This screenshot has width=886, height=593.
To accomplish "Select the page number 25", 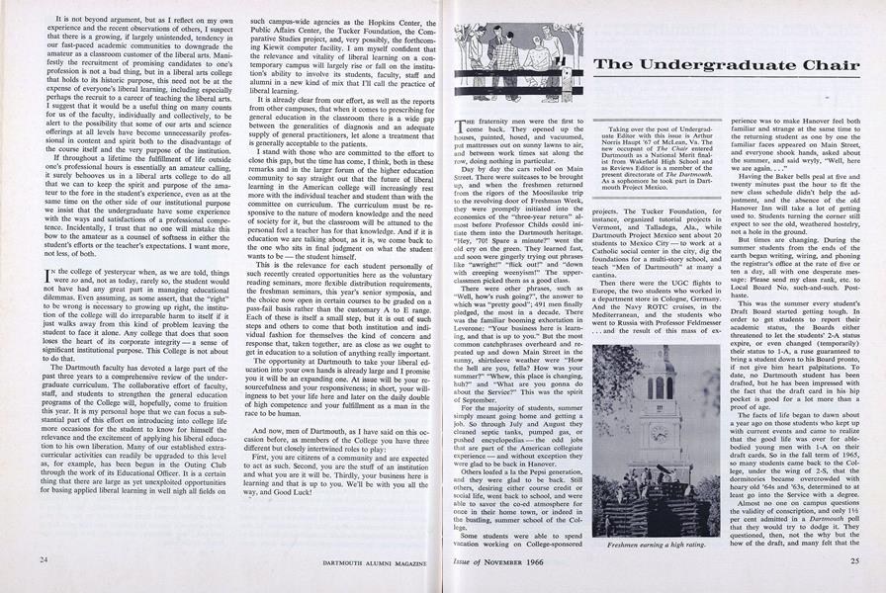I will [852, 560].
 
